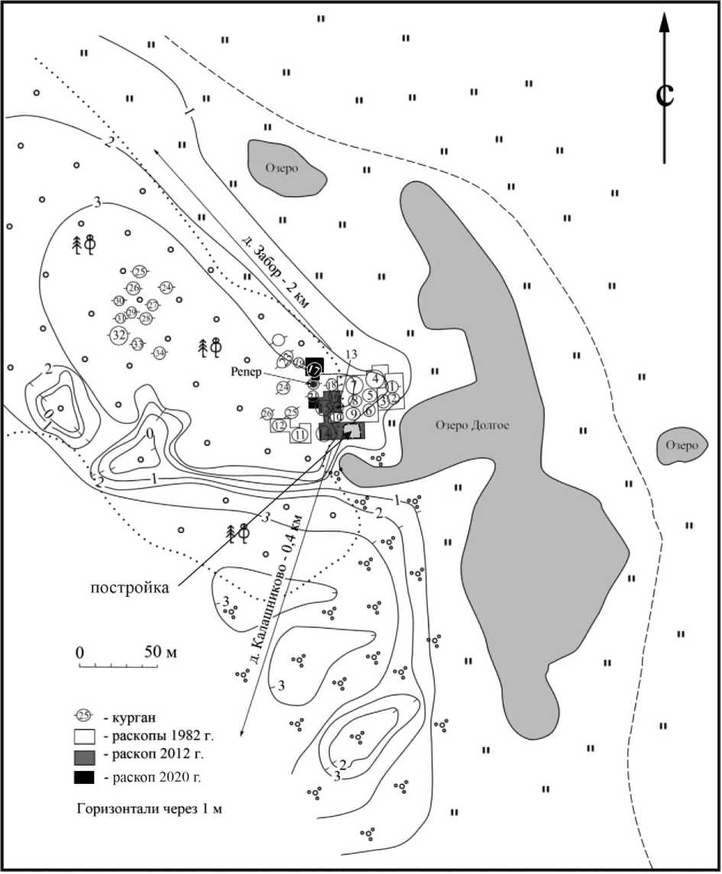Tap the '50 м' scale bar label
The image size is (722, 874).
click(160, 653)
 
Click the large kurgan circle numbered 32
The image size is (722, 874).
click(118, 334)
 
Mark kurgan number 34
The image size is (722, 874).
click(159, 353)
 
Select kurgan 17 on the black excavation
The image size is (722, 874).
click(314, 369)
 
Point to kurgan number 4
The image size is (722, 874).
click(376, 377)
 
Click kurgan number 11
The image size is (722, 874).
click(299, 434)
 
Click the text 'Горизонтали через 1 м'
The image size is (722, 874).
click(149, 808)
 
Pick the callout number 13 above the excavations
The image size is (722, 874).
click(351, 355)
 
